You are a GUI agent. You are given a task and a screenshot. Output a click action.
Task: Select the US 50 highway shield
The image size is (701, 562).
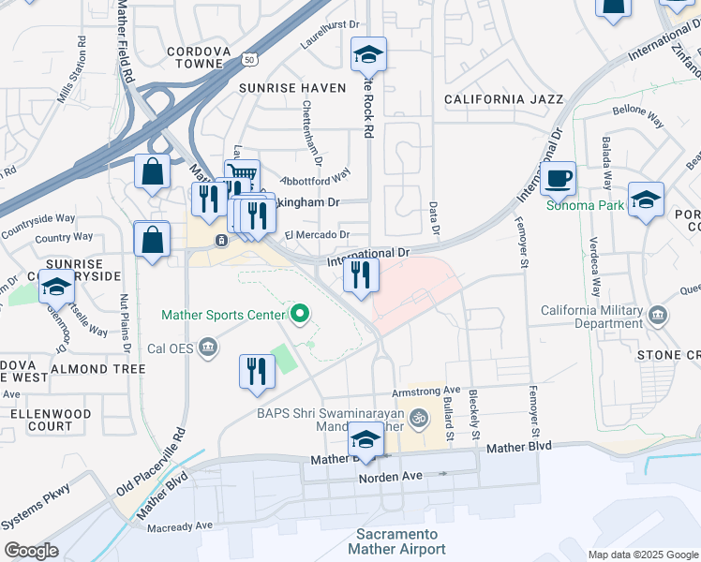click(248, 59)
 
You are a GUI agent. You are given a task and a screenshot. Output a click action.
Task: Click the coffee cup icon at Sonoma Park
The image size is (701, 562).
click(558, 176)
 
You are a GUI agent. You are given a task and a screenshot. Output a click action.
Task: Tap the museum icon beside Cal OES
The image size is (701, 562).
click(207, 349)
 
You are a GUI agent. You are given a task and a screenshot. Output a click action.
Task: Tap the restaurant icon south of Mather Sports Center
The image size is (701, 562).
click(255, 370)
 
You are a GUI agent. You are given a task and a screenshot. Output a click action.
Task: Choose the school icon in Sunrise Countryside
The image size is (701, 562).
click(56, 288)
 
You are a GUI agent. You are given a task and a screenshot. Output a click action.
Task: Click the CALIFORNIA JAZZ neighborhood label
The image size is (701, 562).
click(503, 98)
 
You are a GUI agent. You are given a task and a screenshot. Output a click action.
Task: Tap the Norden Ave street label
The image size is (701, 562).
click(391, 477)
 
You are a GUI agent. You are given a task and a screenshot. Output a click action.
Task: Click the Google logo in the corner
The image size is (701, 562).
click(31, 551)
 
